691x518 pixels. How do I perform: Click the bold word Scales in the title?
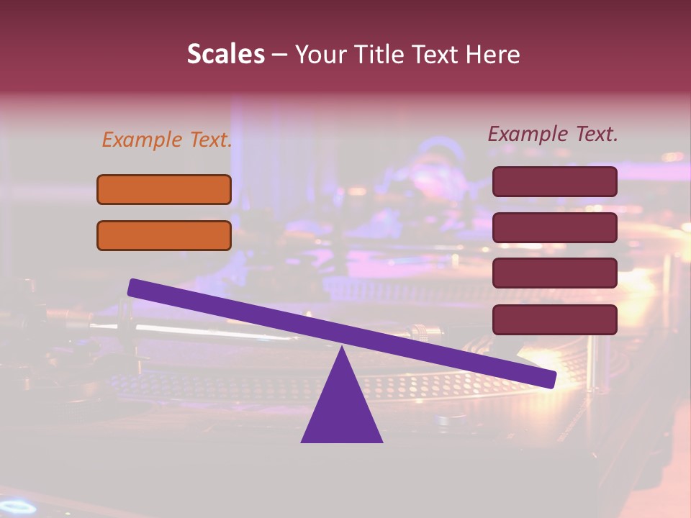coord(225,54)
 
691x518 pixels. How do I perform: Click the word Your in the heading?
coord(320,55)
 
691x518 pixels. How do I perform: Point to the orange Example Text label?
coord(167,140)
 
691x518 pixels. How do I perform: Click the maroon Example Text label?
coord(553,134)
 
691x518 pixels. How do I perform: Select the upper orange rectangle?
coord(164,189)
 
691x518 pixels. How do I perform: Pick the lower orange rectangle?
coord(164,235)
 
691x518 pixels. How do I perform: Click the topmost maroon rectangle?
coord(555,181)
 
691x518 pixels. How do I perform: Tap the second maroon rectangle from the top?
coord(555,227)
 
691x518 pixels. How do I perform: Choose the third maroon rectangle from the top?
coord(555,273)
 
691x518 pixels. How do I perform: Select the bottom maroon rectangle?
coord(555,319)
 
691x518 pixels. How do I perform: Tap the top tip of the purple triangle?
coord(342,349)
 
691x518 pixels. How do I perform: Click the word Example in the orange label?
coord(143,140)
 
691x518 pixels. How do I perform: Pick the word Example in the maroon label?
coord(528,134)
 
